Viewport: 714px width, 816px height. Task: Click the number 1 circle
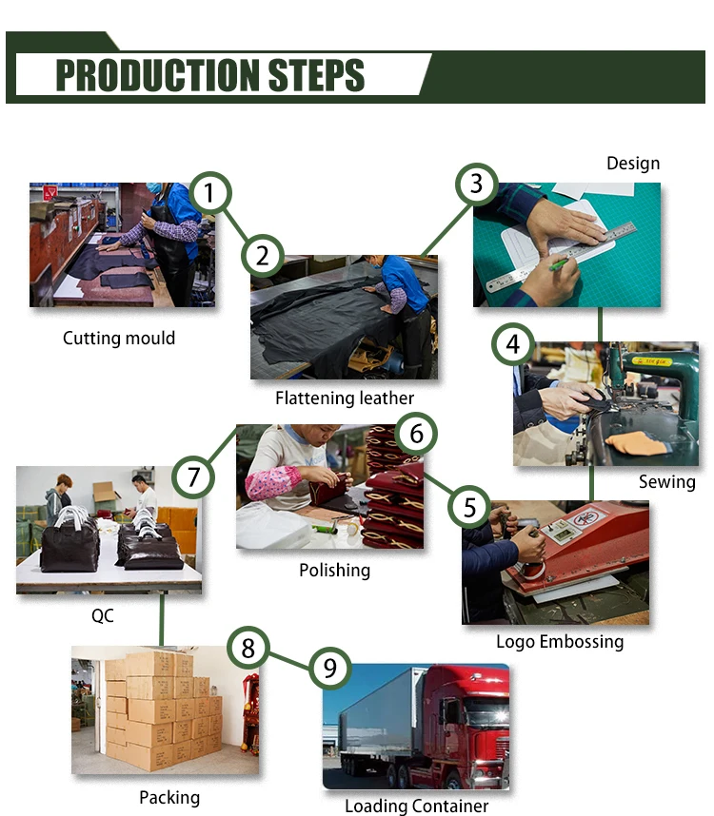coord(209,192)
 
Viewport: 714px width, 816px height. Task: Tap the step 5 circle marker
coord(469,507)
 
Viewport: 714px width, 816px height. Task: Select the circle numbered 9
coord(329,669)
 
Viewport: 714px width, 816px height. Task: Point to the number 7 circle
coord(193,476)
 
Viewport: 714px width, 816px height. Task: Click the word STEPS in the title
coord(316,75)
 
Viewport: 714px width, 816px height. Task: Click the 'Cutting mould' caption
coord(119,338)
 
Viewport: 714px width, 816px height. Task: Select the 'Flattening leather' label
coord(345,398)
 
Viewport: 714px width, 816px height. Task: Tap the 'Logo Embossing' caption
coord(560,642)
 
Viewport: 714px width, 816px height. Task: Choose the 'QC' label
coord(103,615)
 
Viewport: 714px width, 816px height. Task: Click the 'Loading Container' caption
coord(417,806)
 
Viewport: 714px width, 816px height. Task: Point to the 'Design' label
coord(633,164)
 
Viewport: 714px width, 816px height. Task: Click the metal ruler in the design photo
coord(562,256)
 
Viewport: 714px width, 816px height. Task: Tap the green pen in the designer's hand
coord(559,264)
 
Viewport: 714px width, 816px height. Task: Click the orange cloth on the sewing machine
coord(636,442)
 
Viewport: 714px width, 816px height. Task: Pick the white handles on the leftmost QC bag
coord(70,515)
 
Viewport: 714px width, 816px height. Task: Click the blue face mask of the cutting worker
coord(153,188)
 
